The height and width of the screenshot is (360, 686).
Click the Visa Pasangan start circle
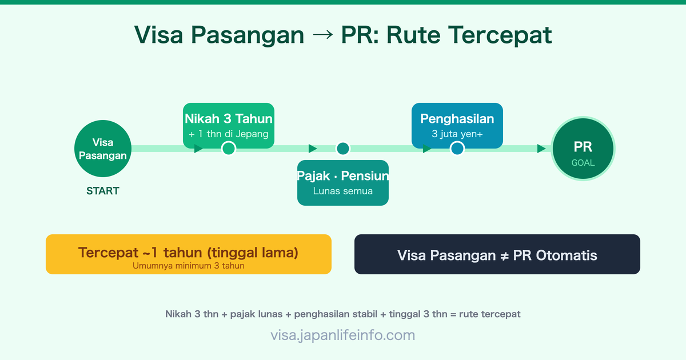pyautogui.click(x=103, y=149)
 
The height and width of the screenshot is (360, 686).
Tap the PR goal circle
pyautogui.click(x=583, y=149)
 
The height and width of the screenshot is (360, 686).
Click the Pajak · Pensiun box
pyautogui.click(x=343, y=183)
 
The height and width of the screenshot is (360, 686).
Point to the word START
pyautogui.click(x=103, y=191)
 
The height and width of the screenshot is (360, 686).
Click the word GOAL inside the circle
pyautogui.click(x=583, y=163)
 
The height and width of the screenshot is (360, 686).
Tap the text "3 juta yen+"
pyautogui.click(x=457, y=134)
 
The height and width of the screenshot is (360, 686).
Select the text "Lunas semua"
pyautogui.click(x=343, y=191)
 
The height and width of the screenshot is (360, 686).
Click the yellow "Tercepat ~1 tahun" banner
pyautogui.click(x=189, y=254)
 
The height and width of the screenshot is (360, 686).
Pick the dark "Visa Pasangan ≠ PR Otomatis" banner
pyautogui.click(x=497, y=254)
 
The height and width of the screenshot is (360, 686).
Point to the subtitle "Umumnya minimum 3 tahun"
pyautogui.click(x=189, y=266)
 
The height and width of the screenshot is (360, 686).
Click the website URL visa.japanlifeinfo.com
pyautogui.click(x=343, y=335)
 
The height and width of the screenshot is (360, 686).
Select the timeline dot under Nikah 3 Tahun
pyautogui.click(x=229, y=149)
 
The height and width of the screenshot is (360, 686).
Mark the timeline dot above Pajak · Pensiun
pyautogui.click(x=343, y=149)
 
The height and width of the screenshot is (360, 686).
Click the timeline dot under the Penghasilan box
pyautogui.click(x=457, y=149)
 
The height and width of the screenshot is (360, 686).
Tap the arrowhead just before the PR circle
pyautogui.click(x=541, y=149)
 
